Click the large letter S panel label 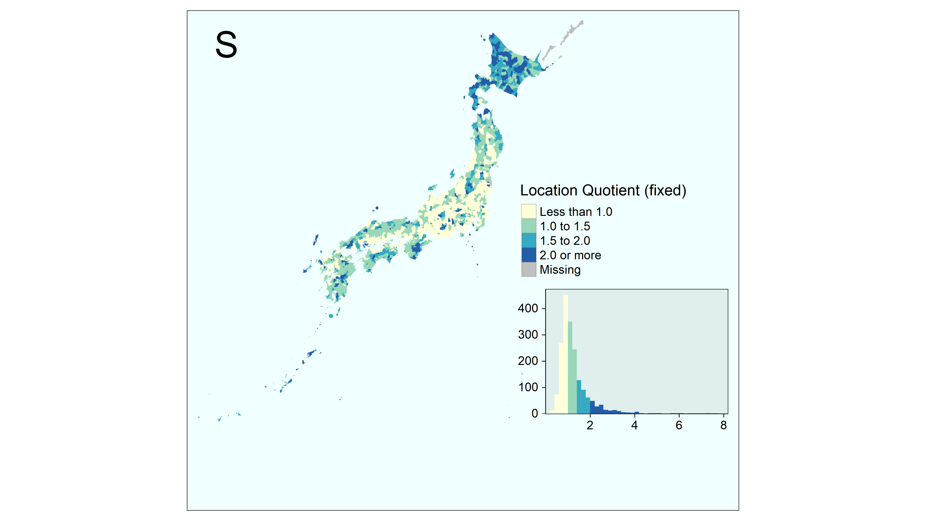(226, 45)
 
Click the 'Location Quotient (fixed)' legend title (603, 190)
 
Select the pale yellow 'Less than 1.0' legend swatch (529, 212)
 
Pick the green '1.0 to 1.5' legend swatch (529, 226)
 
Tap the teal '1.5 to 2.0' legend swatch (529, 240)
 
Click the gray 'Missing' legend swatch (529, 269)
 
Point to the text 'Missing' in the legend (560, 270)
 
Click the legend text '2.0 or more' (570, 255)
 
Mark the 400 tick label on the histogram (528, 308)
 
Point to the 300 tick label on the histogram (528, 334)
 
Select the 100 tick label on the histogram (528, 387)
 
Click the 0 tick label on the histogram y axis (535, 413)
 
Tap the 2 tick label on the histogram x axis (590, 425)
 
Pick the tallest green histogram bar (570, 367)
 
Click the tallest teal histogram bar (579, 397)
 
